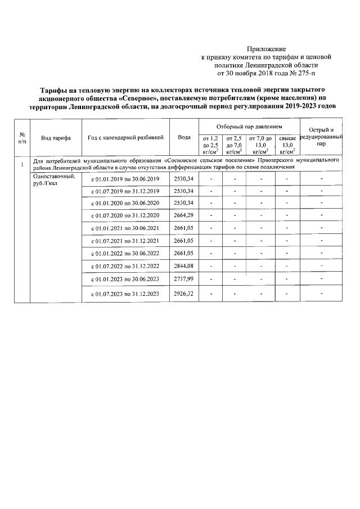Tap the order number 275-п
[306, 73]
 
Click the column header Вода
[183, 137]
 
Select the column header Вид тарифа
[56, 137]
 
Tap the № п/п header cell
[22, 137]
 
